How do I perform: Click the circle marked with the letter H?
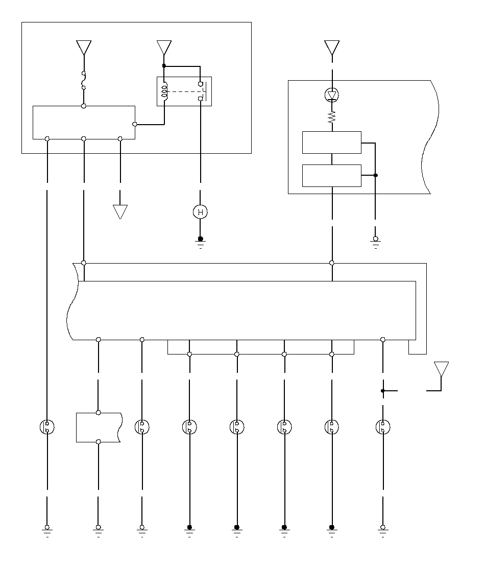tap(200, 212)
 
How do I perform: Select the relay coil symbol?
tap(164, 91)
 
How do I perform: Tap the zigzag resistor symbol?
tap(332, 117)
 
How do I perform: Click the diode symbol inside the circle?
tap(332, 95)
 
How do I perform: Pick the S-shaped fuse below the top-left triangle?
tap(84, 80)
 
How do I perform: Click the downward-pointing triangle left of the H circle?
tap(120, 211)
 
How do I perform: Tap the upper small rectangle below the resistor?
tap(331, 143)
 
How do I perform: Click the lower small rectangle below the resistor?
tap(331, 176)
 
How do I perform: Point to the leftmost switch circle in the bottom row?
tap(47, 427)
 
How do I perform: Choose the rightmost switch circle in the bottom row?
tap(382, 427)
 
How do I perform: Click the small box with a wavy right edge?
tap(98, 427)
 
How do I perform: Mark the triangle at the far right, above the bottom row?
tap(441, 369)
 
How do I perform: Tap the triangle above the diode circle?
tap(332, 48)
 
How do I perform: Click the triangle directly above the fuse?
tap(84, 48)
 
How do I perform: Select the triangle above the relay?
tap(164, 48)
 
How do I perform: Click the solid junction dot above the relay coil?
tap(164, 66)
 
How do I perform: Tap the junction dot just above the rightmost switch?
tap(382, 391)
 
